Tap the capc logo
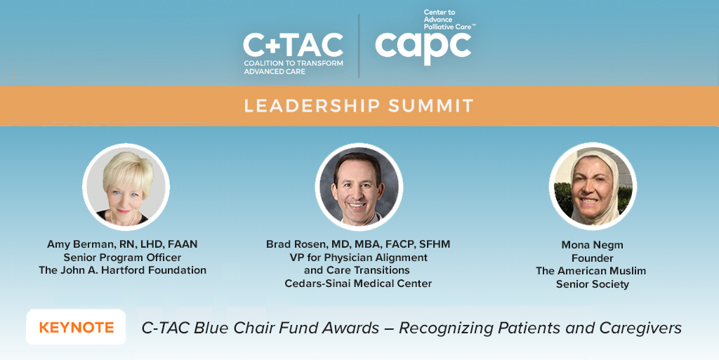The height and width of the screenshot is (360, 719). [x=423, y=46]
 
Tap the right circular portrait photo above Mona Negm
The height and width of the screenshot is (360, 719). [x=593, y=186]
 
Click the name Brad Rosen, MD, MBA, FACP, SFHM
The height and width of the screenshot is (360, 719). [x=358, y=244]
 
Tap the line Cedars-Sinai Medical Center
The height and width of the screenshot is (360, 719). [x=358, y=284]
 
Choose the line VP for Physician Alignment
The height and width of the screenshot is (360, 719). [x=358, y=257]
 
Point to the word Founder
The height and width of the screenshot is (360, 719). [x=592, y=258]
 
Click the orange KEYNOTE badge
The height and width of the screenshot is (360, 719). [x=76, y=328]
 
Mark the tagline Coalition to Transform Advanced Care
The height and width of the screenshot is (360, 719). [x=293, y=67]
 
